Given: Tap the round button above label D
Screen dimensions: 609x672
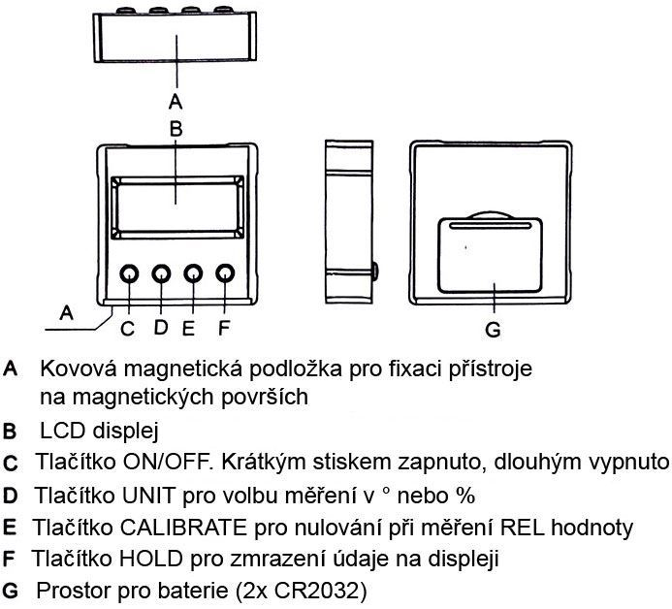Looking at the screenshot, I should (x=162, y=275).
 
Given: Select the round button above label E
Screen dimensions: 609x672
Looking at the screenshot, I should (x=194, y=275).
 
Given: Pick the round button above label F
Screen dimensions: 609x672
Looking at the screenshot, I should (x=225, y=275).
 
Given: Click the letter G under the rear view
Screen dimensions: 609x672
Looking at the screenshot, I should (x=493, y=330).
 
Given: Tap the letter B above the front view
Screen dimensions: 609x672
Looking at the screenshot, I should (x=176, y=127).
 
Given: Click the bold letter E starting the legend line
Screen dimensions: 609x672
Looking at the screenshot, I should (x=11, y=529).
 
